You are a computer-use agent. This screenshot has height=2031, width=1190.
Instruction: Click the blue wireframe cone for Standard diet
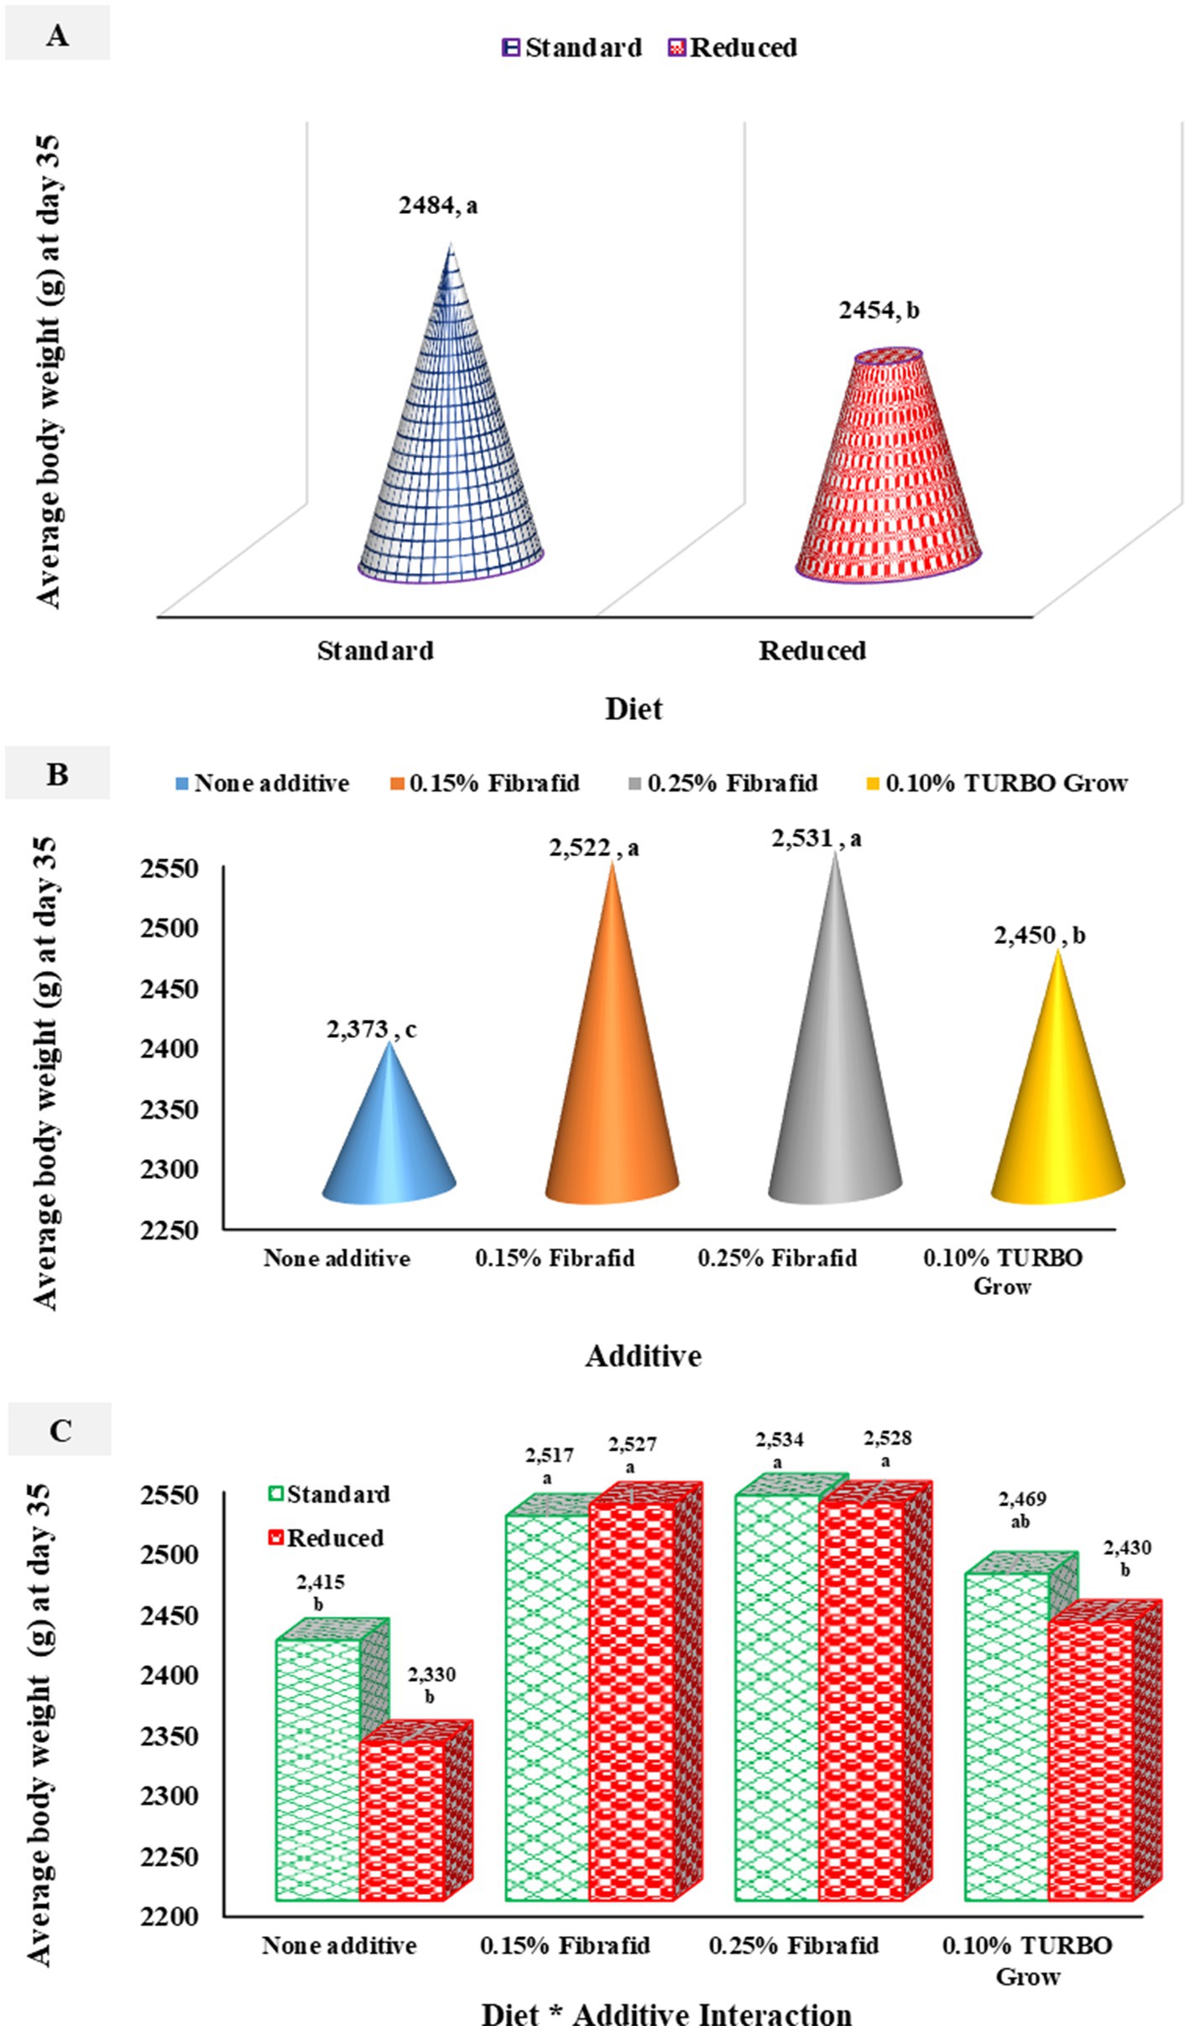pyautogui.click(x=451, y=453)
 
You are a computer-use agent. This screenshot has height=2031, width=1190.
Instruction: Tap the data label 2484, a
pyautogui.click(x=437, y=206)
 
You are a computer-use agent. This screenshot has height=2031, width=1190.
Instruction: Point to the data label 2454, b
pyautogui.click(x=879, y=311)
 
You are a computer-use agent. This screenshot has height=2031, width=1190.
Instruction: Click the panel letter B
pyautogui.click(x=57, y=774)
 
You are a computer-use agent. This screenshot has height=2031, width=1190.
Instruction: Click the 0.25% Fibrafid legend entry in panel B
pyautogui.click(x=723, y=784)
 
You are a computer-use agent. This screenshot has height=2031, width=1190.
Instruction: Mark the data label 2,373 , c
pyautogui.click(x=372, y=1030)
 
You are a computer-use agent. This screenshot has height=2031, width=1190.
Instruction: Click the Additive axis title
pyautogui.click(x=643, y=1355)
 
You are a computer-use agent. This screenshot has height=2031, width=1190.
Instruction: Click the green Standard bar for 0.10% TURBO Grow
pyautogui.click(x=1006, y=1737)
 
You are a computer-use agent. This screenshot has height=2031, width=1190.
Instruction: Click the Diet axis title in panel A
pyautogui.click(x=634, y=709)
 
